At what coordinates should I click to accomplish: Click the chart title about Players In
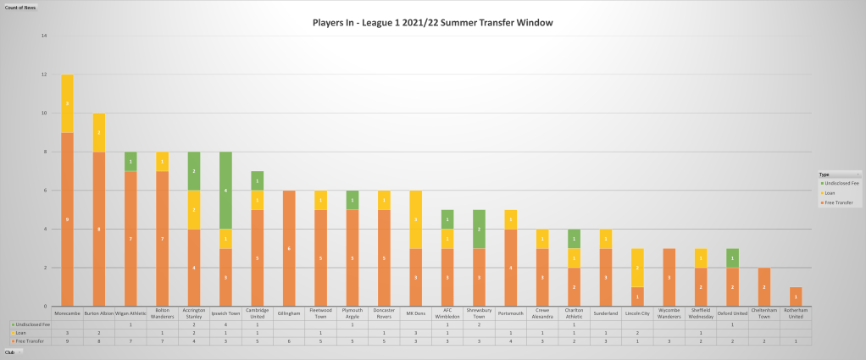point(432,22)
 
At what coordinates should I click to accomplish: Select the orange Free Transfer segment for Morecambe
point(67,219)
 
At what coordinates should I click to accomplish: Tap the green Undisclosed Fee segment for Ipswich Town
point(225,191)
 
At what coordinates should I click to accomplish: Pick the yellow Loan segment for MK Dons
point(416,219)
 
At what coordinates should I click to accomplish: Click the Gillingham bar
point(289,248)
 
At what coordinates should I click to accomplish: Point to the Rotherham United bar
point(797,296)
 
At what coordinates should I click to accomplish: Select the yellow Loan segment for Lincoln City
point(638,268)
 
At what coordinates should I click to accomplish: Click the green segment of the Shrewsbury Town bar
point(480,229)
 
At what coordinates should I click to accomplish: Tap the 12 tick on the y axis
point(44,75)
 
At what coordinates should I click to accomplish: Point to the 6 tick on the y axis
point(44,191)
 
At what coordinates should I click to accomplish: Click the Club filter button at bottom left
point(12,352)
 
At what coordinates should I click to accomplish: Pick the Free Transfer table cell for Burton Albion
point(99,341)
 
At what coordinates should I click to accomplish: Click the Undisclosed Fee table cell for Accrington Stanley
point(194,324)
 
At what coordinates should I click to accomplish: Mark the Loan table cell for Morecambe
point(67,333)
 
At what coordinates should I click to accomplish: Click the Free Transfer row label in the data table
point(29,341)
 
